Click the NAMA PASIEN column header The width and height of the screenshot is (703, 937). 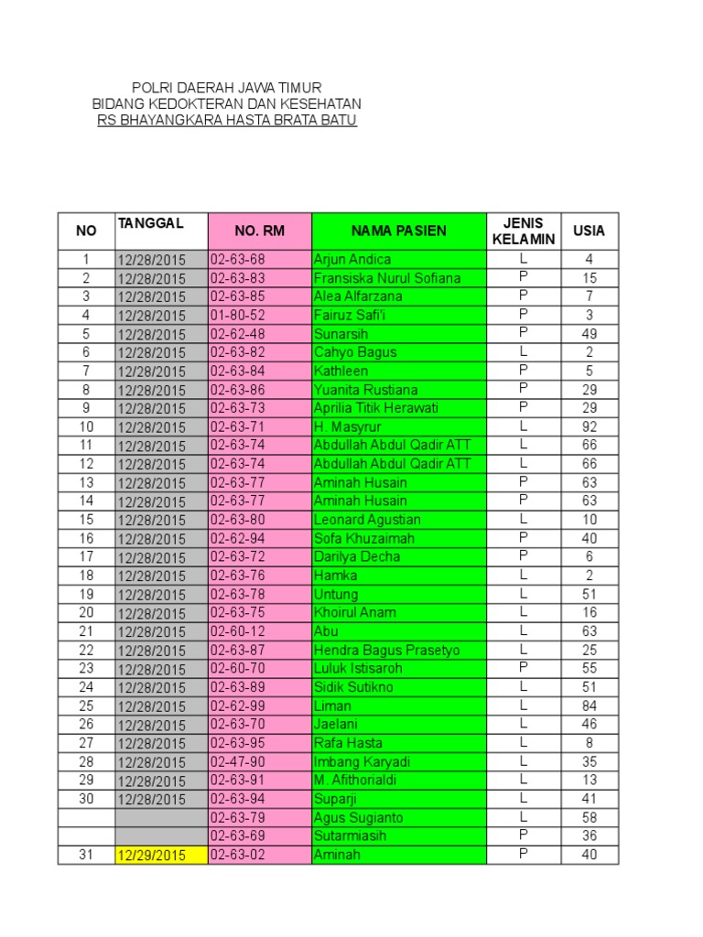pyautogui.click(x=398, y=231)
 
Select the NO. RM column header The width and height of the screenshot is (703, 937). pyautogui.click(x=259, y=231)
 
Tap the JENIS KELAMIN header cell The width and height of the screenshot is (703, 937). pyautogui.click(x=524, y=231)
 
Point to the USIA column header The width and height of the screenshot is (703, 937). pyautogui.click(x=589, y=231)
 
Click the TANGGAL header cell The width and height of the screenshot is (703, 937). pyautogui.click(x=151, y=223)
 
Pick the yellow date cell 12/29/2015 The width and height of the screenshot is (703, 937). pyautogui.click(x=151, y=856)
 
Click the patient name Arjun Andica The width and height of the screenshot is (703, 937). pyautogui.click(x=352, y=260)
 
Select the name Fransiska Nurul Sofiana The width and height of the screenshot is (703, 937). pyautogui.click(x=386, y=278)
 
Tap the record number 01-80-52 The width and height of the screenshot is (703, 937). pyautogui.click(x=237, y=316)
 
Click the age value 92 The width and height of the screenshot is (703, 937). pyautogui.click(x=589, y=427)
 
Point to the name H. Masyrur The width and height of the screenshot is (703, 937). pyautogui.click(x=347, y=427)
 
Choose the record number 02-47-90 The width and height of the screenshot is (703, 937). pyautogui.click(x=237, y=762)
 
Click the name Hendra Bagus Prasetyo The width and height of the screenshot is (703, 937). pyautogui.click(x=386, y=651)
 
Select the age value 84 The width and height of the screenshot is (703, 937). pyautogui.click(x=589, y=706)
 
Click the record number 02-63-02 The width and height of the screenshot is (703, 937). pyautogui.click(x=237, y=855)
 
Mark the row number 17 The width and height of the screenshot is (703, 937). pyautogui.click(x=86, y=557)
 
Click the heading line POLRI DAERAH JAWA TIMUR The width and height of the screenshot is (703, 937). pyautogui.click(x=227, y=87)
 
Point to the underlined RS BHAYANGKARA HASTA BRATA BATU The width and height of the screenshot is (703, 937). pyautogui.click(x=227, y=121)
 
